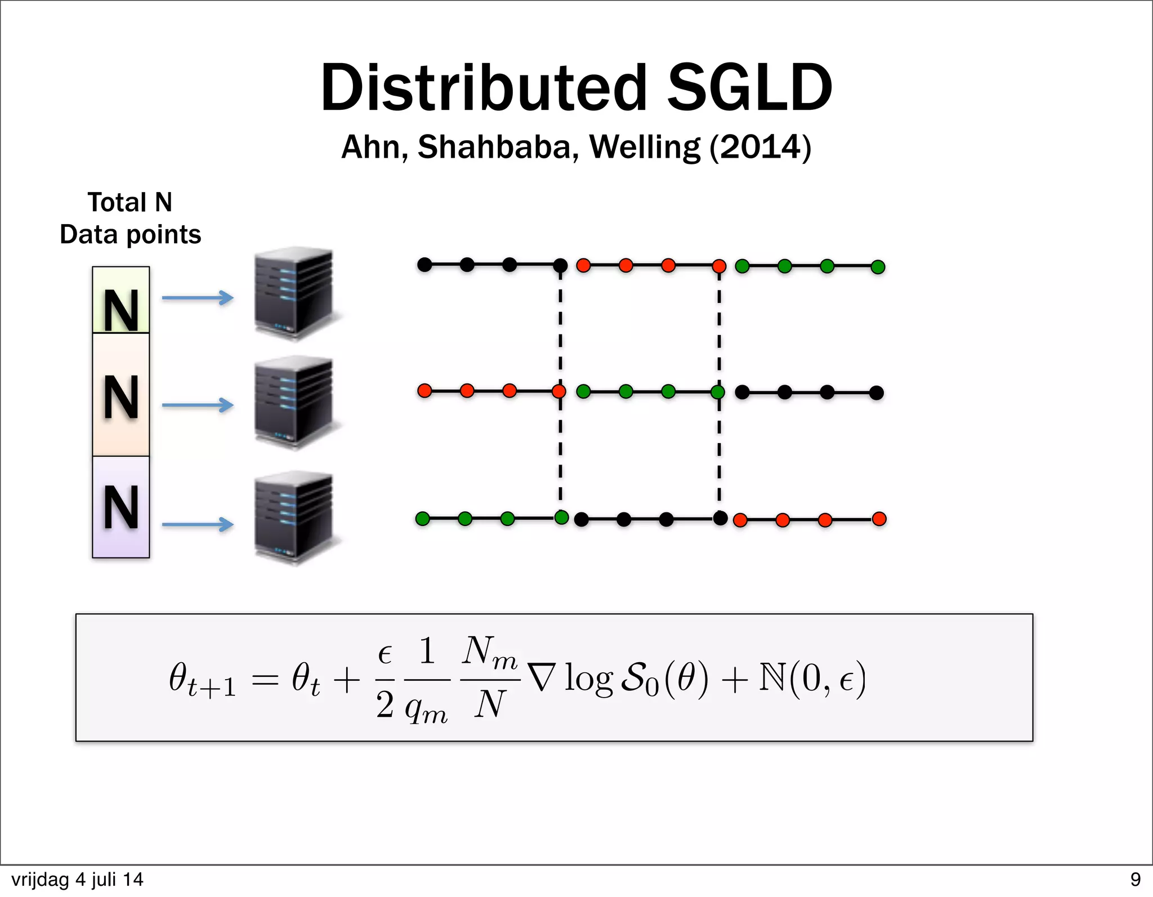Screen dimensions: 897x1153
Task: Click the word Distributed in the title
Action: pyautogui.click(x=484, y=88)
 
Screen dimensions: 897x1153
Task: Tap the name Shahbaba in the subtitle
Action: pyautogui.click(x=498, y=147)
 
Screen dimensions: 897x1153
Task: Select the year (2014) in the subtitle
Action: pyautogui.click(x=761, y=147)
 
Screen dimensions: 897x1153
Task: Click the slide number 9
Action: pyautogui.click(x=1135, y=880)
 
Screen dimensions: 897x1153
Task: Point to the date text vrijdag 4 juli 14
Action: pyautogui.click(x=77, y=880)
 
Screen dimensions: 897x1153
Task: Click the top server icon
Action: pyautogui.click(x=294, y=293)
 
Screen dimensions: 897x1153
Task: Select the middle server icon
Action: pyautogui.click(x=294, y=402)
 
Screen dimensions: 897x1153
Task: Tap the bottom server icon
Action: pyautogui.click(x=294, y=517)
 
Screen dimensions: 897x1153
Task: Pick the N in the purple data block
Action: pyautogui.click(x=121, y=507)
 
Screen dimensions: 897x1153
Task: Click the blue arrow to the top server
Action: pyautogui.click(x=198, y=297)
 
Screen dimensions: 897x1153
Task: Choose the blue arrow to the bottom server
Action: pyautogui.click(x=198, y=524)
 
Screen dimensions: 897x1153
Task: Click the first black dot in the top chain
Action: pyautogui.click(x=424, y=264)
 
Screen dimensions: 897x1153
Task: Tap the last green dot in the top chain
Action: pyautogui.click(x=878, y=267)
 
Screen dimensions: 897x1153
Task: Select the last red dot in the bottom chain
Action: pyautogui.click(x=879, y=519)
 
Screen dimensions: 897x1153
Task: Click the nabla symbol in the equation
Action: pyautogui.click(x=542, y=678)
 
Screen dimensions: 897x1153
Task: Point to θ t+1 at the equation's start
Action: pyautogui.click(x=202, y=680)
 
